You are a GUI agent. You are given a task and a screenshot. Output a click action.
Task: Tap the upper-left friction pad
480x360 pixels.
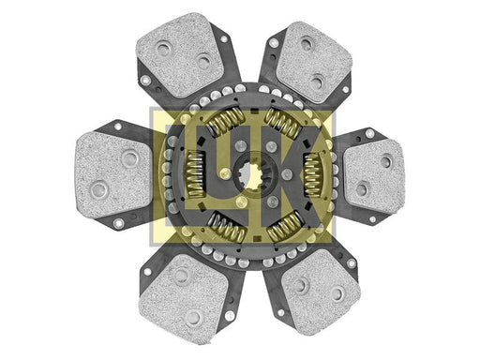pos(181,54)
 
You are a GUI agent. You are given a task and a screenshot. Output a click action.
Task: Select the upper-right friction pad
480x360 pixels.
pos(314,63)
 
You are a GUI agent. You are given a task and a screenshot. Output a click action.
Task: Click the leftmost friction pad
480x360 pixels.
pos(114,175)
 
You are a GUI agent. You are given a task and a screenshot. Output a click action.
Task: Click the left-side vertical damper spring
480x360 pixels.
pos(196,174)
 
